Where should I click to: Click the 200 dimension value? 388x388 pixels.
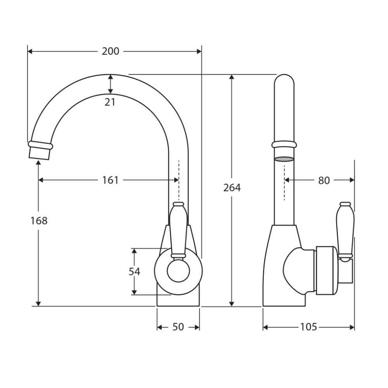[x=110, y=51]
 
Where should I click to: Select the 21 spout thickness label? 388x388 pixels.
[x=110, y=102]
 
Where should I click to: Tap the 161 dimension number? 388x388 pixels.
[x=110, y=180]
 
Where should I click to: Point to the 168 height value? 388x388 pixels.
[x=39, y=220]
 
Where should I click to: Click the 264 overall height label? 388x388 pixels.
[x=232, y=188]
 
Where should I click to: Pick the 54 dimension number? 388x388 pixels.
[x=134, y=272]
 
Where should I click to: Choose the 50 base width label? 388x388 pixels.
[x=178, y=327]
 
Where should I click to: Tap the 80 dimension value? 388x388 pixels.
[x=324, y=181]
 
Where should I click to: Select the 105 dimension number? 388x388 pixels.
[x=308, y=327]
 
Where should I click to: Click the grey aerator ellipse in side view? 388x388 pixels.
[x=284, y=159]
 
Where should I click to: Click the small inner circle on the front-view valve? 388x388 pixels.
[x=178, y=271]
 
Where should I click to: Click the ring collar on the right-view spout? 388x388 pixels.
[x=284, y=144]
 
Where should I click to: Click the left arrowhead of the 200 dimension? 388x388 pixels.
[x=30, y=51]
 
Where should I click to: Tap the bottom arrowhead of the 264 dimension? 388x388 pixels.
[x=232, y=304]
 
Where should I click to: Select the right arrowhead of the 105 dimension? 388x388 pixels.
[x=352, y=327]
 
